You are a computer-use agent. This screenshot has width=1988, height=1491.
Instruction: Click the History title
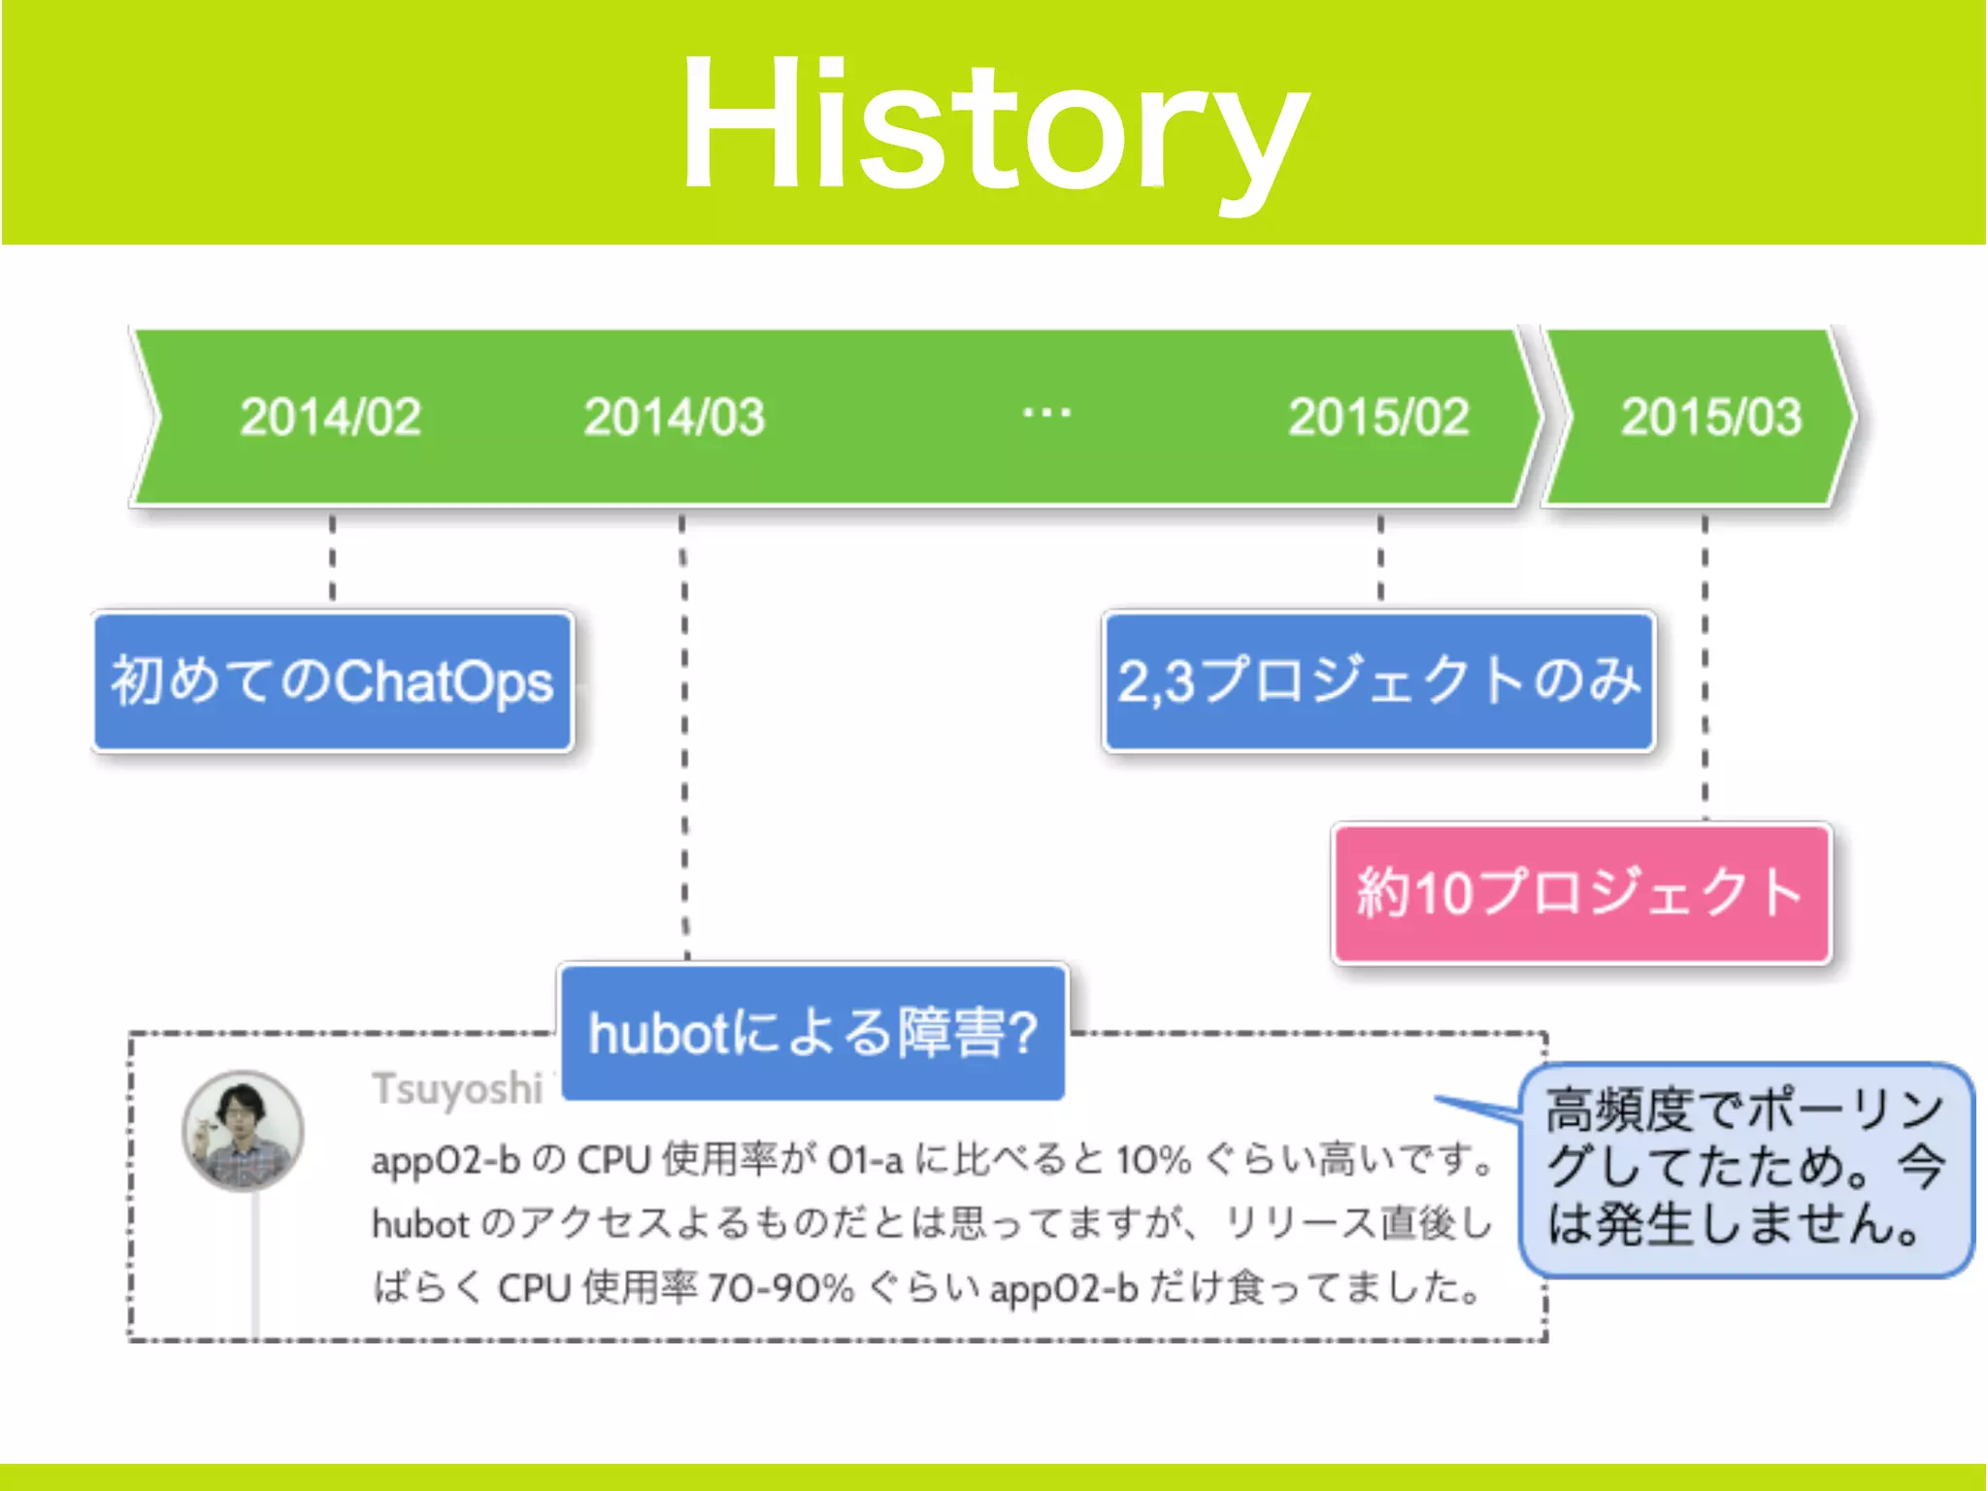(x=994, y=126)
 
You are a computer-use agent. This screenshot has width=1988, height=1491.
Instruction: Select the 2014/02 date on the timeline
(x=330, y=417)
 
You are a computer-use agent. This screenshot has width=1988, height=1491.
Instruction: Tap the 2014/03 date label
(x=674, y=417)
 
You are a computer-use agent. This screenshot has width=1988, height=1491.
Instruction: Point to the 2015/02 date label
(x=1378, y=417)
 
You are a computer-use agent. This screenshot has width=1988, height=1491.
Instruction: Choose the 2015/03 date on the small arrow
(x=1710, y=417)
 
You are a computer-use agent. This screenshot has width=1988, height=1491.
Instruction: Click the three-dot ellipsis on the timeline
(x=1046, y=414)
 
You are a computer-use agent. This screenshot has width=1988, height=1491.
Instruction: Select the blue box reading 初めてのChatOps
(x=333, y=681)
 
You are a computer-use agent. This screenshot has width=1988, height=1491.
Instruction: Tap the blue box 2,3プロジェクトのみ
(x=1378, y=681)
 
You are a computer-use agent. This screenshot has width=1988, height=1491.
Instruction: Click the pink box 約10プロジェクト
(x=1580, y=893)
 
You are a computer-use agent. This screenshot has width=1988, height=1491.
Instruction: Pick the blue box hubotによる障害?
(x=813, y=1032)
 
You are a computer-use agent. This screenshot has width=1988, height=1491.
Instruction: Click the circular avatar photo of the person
(x=243, y=1131)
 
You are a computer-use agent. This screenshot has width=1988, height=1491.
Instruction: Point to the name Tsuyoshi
(x=456, y=1089)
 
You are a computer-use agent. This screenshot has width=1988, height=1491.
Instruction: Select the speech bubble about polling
(x=1745, y=1169)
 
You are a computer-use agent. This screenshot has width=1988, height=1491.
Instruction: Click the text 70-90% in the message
(x=780, y=1289)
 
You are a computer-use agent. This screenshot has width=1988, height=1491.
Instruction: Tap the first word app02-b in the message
(x=446, y=1160)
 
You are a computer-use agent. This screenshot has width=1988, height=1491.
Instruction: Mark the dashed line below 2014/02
(x=332, y=558)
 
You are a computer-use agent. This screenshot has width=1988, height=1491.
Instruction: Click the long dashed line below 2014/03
(x=684, y=738)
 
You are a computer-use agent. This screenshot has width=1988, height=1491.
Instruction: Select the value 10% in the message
(x=1153, y=1160)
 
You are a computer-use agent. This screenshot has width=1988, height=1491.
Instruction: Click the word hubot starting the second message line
(x=420, y=1225)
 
